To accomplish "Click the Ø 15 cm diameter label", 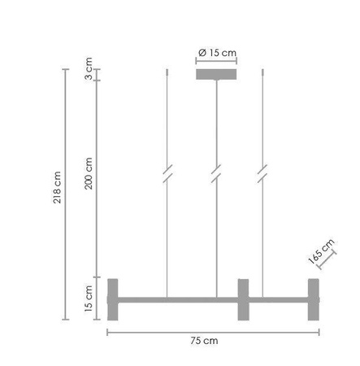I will tap(217, 52).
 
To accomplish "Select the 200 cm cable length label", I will tap(89, 172).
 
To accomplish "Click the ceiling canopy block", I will tap(217, 75).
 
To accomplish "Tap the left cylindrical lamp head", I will tap(113, 299).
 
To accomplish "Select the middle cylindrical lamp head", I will tap(242, 299).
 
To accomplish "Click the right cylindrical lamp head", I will tap(313, 299).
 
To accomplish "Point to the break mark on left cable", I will tap(167, 175).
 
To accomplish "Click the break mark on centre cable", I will tap(216, 175).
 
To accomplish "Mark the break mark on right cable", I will tap(262, 175).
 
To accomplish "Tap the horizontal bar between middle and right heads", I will tap(277, 299).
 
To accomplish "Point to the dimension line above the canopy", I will tap(217, 61).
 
